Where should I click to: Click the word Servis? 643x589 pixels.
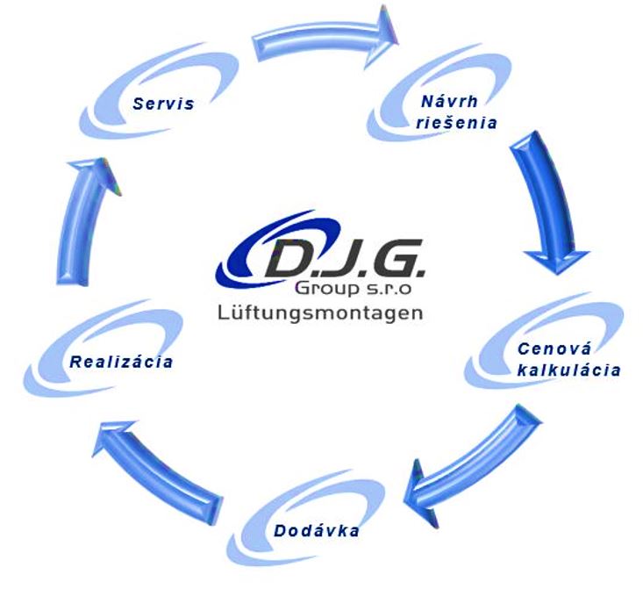click(x=163, y=104)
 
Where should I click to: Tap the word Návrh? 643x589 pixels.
click(x=450, y=101)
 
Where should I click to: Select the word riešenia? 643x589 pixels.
click(x=456, y=122)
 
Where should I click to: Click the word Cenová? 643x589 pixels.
click(x=554, y=348)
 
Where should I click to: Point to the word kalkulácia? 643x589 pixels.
click(x=568, y=370)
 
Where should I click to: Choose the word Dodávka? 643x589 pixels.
click(x=316, y=531)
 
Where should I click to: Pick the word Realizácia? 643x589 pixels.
click(x=121, y=362)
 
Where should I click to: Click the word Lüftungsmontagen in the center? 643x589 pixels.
click(x=320, y=312)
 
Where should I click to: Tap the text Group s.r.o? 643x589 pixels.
click(x=353, y=288)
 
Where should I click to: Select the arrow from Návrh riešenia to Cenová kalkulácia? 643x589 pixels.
click(x=545, y=197)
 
